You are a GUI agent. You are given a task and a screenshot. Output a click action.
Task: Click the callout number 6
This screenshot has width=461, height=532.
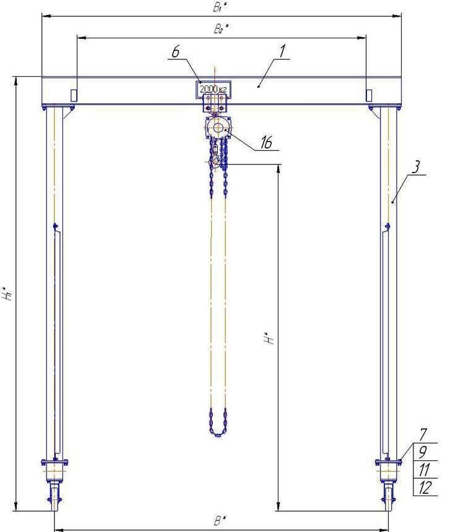176,52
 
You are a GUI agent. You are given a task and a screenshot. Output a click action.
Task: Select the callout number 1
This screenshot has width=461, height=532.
282,51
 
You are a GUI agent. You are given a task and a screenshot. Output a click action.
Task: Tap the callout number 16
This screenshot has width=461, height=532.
267,142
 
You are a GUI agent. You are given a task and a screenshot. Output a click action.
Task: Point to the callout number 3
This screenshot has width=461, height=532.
416,167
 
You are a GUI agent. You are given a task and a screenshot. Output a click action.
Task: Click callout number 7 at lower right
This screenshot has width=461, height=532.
423,434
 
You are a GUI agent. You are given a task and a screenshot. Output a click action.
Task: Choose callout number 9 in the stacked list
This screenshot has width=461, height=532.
423,452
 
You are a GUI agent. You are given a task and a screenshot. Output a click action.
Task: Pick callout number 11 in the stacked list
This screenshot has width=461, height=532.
424,470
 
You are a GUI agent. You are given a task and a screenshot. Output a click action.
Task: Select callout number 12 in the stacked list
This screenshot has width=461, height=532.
424,487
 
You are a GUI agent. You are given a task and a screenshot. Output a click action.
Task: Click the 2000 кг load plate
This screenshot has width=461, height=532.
213,90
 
